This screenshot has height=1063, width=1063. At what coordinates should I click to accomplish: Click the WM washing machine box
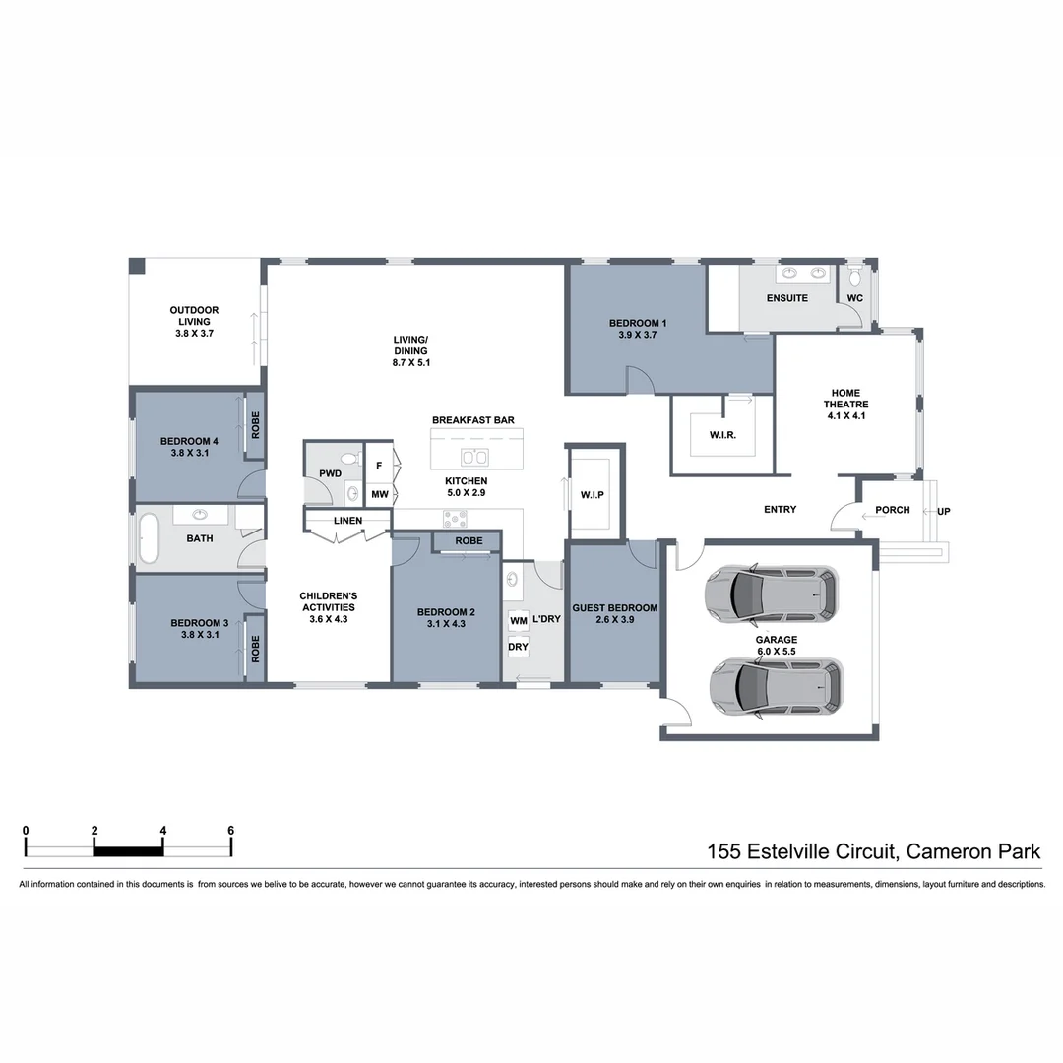tap(518, 621)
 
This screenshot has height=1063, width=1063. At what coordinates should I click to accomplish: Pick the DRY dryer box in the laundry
tap(518, 648)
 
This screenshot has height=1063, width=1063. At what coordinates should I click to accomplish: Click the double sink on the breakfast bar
tap(474, 457)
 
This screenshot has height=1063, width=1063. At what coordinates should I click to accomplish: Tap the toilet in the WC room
tap(854, 273)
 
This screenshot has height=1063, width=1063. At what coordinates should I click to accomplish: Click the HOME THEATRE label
tap(846, 404)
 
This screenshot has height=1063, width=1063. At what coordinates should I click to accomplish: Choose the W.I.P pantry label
tap(592, 494)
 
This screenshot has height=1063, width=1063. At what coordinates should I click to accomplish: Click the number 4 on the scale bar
tap(162, 830)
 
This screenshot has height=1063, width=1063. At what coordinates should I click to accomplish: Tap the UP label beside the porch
tap(944, 511)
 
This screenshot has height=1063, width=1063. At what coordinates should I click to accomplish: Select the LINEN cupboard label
tap(347, 521)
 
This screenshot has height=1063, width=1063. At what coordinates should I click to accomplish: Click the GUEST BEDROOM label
tap(616, 608)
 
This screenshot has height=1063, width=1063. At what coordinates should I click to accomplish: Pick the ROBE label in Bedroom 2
tap(469, 541)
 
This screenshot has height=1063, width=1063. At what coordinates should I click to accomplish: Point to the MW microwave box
tap(379, 494)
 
